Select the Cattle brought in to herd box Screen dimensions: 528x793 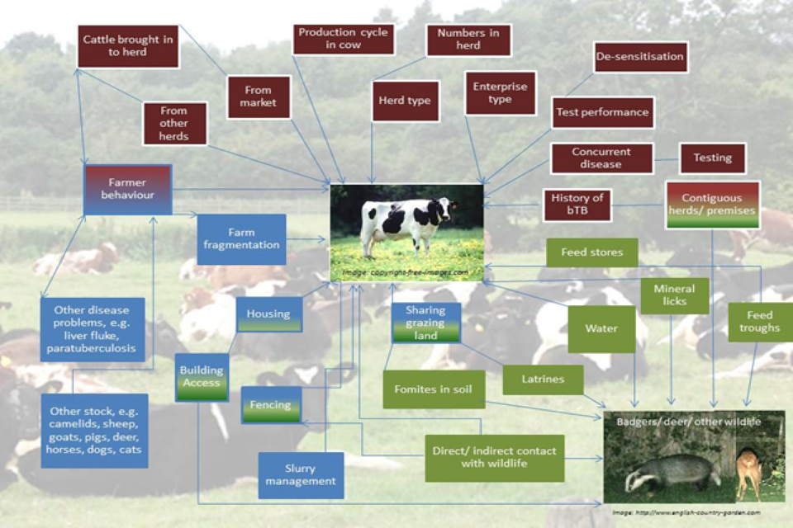pos(128,46)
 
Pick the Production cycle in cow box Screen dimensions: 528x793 pos(344,39)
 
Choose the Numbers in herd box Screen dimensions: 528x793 pos(468,39)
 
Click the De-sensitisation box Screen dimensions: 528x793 pos(640,58)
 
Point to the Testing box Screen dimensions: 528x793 pos(712,158)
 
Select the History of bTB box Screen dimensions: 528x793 pos(577,205)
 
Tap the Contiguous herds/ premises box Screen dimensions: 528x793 pos(712,205)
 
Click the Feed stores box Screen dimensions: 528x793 pos(592,252)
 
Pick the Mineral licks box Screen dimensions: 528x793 pos(674,295)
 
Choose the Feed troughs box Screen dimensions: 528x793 pos(759,322)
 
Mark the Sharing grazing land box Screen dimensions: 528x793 pos(425,323)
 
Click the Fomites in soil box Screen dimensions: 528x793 pos(433,389)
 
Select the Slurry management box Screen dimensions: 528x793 pos(301,475)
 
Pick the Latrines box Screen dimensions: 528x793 pos(543,379)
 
